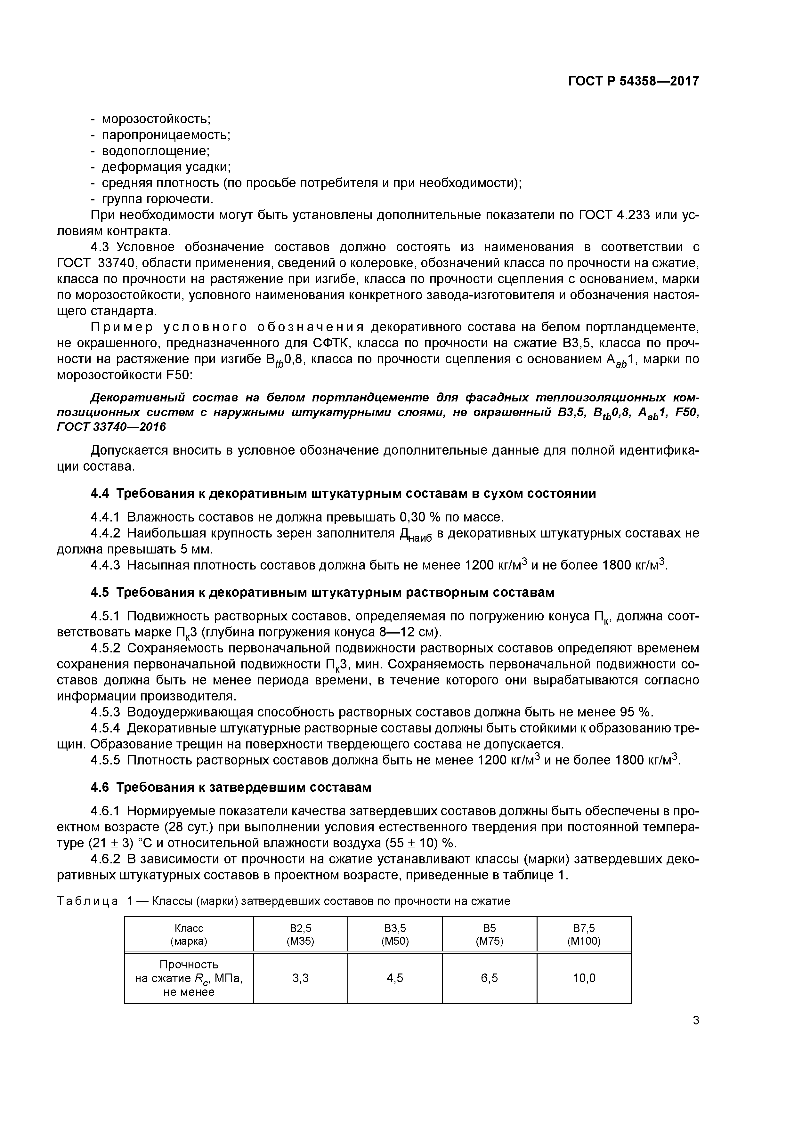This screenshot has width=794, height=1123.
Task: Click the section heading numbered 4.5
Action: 322,592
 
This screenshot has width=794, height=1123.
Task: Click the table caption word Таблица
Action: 88,901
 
